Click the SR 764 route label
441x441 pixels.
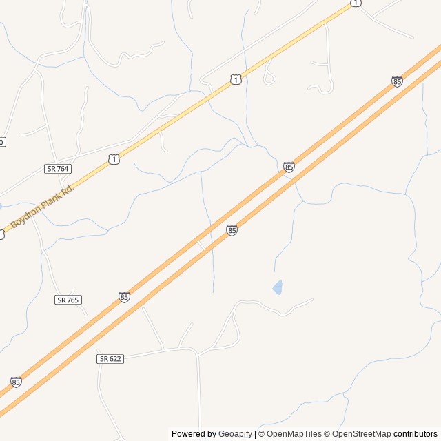pos(58,168)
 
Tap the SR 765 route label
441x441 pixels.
pos(68,300)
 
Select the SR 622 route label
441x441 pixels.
pos(110,359)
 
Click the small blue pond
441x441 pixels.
pos(278,287)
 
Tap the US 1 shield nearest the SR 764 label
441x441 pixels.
pos(114,159)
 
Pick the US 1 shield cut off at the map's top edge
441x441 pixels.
pos(355,3)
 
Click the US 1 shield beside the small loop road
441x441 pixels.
pos(236,80)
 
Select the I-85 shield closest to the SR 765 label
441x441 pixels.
pos(124,297)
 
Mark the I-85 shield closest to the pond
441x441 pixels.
pos(232,230)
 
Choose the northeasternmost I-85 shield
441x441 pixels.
pos(397,81)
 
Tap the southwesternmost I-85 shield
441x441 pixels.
pos(16,382)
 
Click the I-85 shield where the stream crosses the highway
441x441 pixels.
pos(289,167)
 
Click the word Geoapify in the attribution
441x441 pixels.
pos(236,434)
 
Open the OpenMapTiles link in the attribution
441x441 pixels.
pos(294,434)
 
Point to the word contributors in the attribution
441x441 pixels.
pos(416,434)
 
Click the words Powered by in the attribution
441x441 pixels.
pos(194,434)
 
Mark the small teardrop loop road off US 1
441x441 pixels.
pos(269,77)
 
